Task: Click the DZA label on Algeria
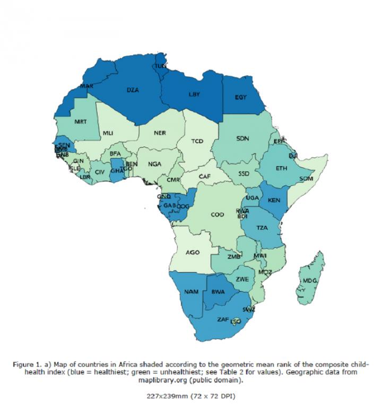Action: [x=133, y=90]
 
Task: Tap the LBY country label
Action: [x=195, y=94]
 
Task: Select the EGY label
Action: [x=242, y=97]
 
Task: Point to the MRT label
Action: [x=80, y=122]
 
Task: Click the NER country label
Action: [x=160, y=133]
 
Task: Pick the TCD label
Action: [x=197, y=141]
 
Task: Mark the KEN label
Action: [x=274, y=200]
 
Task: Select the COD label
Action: [x=218, y=215]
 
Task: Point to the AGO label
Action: [x=192, y=252]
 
